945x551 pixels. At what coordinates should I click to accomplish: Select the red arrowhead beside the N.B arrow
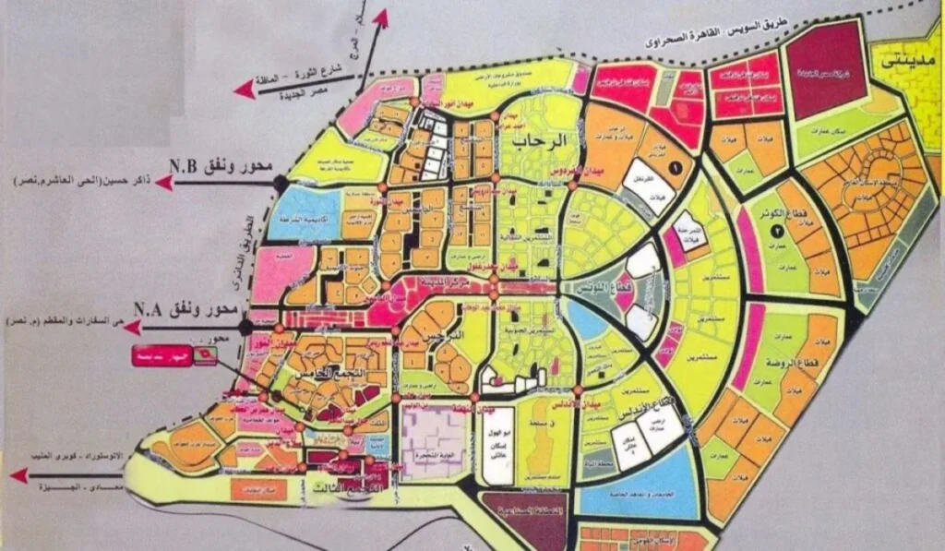click(x=164, y=183)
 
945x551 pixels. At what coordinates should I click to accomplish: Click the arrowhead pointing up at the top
click(x=381, y=16)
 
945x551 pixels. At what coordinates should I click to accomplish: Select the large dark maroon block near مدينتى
click(x=827, y=69)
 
